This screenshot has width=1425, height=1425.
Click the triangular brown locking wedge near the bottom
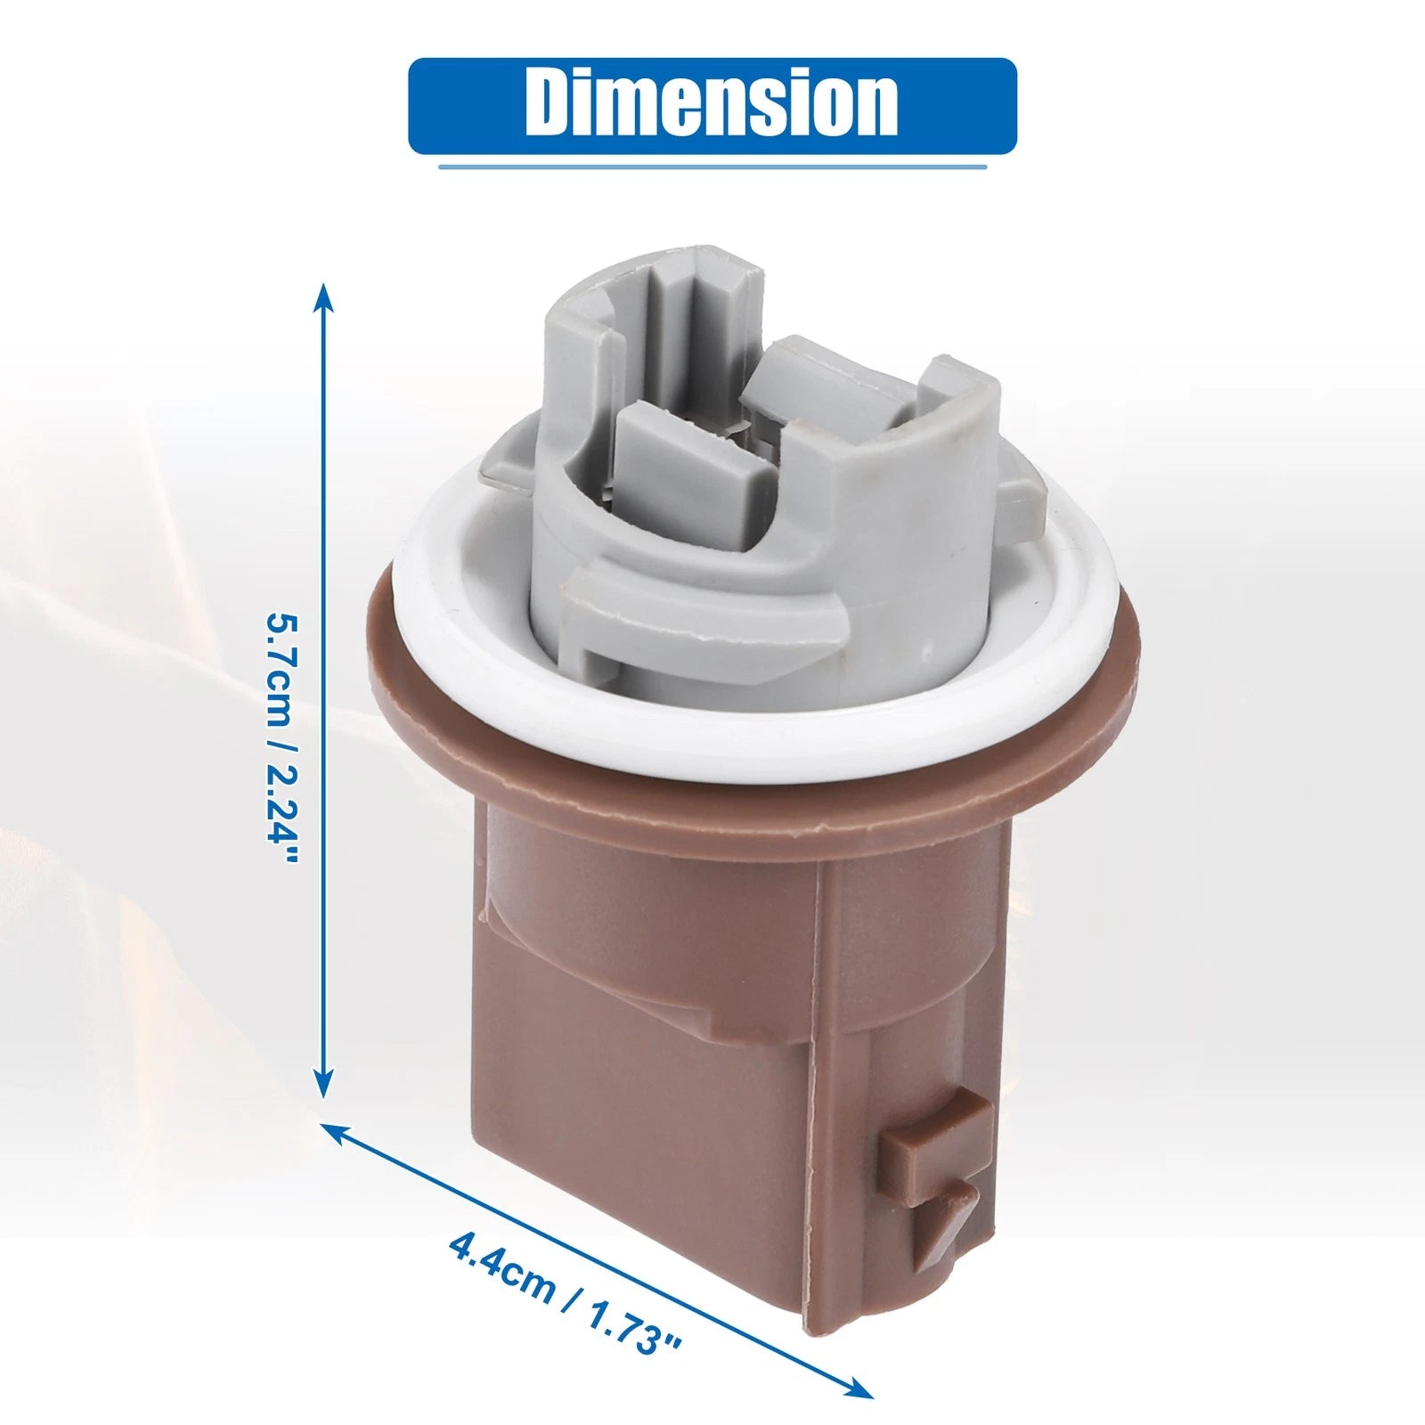[x=946, y=1220]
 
